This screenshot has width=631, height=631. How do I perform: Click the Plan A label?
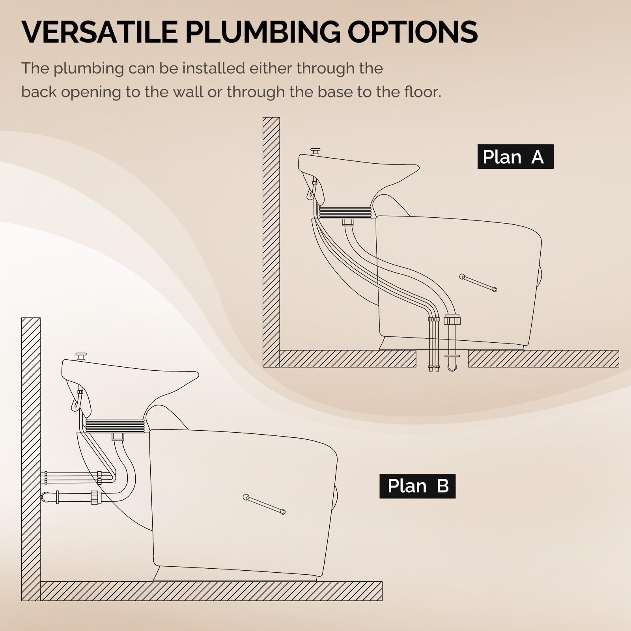(x=515, y=157)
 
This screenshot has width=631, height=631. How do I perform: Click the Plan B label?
(x=417, y=486)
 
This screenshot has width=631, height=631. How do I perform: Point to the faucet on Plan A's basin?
(x=315, y=151)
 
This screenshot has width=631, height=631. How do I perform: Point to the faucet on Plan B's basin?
(x=81, y=357)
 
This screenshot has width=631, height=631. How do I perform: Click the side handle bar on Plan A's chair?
(x=478, y=283)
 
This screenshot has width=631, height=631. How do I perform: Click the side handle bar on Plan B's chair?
(x=264, y=504)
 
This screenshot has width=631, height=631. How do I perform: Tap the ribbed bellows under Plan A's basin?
(x=345, y=213)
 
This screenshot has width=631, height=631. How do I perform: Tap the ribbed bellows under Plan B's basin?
(x=115, y=426)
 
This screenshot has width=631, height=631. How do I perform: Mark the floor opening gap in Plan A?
(x=442, y=358)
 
